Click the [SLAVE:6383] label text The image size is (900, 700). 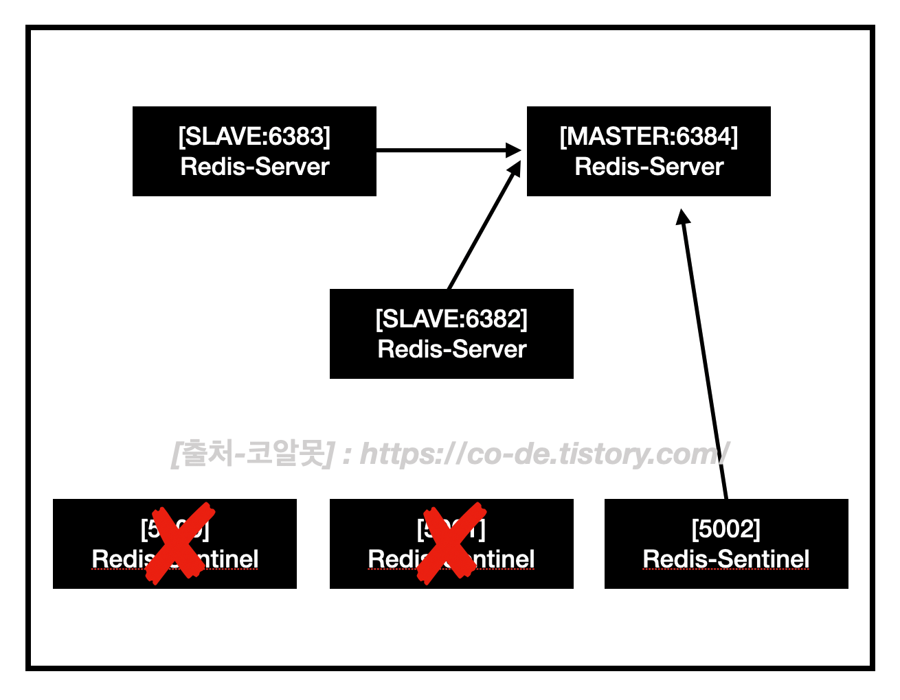[x=254, y=137]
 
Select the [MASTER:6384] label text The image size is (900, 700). [x=649, y=137]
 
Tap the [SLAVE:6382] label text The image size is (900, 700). [x=451, y=319]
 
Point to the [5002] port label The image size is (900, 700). [x=726, y=529]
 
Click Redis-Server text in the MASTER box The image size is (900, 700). [x=649, y=167]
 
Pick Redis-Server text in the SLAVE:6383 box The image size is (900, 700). [x=254, y=167]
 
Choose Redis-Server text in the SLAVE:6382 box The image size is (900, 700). [x=451, y=349]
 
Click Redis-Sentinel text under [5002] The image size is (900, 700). [x=726, y=559]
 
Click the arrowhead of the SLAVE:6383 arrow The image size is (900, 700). [x=514, y=150]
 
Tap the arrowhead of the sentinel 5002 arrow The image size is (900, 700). [x=682, y=217]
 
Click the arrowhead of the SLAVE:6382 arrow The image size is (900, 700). [x=515, y=169]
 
